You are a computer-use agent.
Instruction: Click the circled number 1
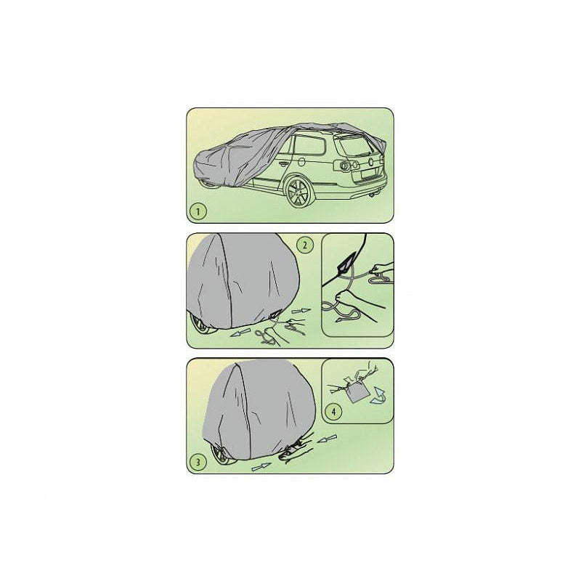[x=198, y=211]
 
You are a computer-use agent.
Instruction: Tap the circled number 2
[x=305, y=245]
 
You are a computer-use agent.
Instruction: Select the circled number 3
[x=198, y=462]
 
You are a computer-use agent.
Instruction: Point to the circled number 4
[x=334, y=412]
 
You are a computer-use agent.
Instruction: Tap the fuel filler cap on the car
[x=302, y=162]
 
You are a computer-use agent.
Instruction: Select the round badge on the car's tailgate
[x=372, y=161]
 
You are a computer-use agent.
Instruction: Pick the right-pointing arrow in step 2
[x=301, y=310]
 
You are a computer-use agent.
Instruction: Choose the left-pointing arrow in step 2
[x=240, y=333]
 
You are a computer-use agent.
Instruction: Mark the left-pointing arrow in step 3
[x=328, y=439]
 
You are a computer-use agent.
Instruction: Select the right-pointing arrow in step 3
[x=261, y=467]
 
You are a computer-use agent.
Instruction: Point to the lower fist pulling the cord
[x=343, y=298]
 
